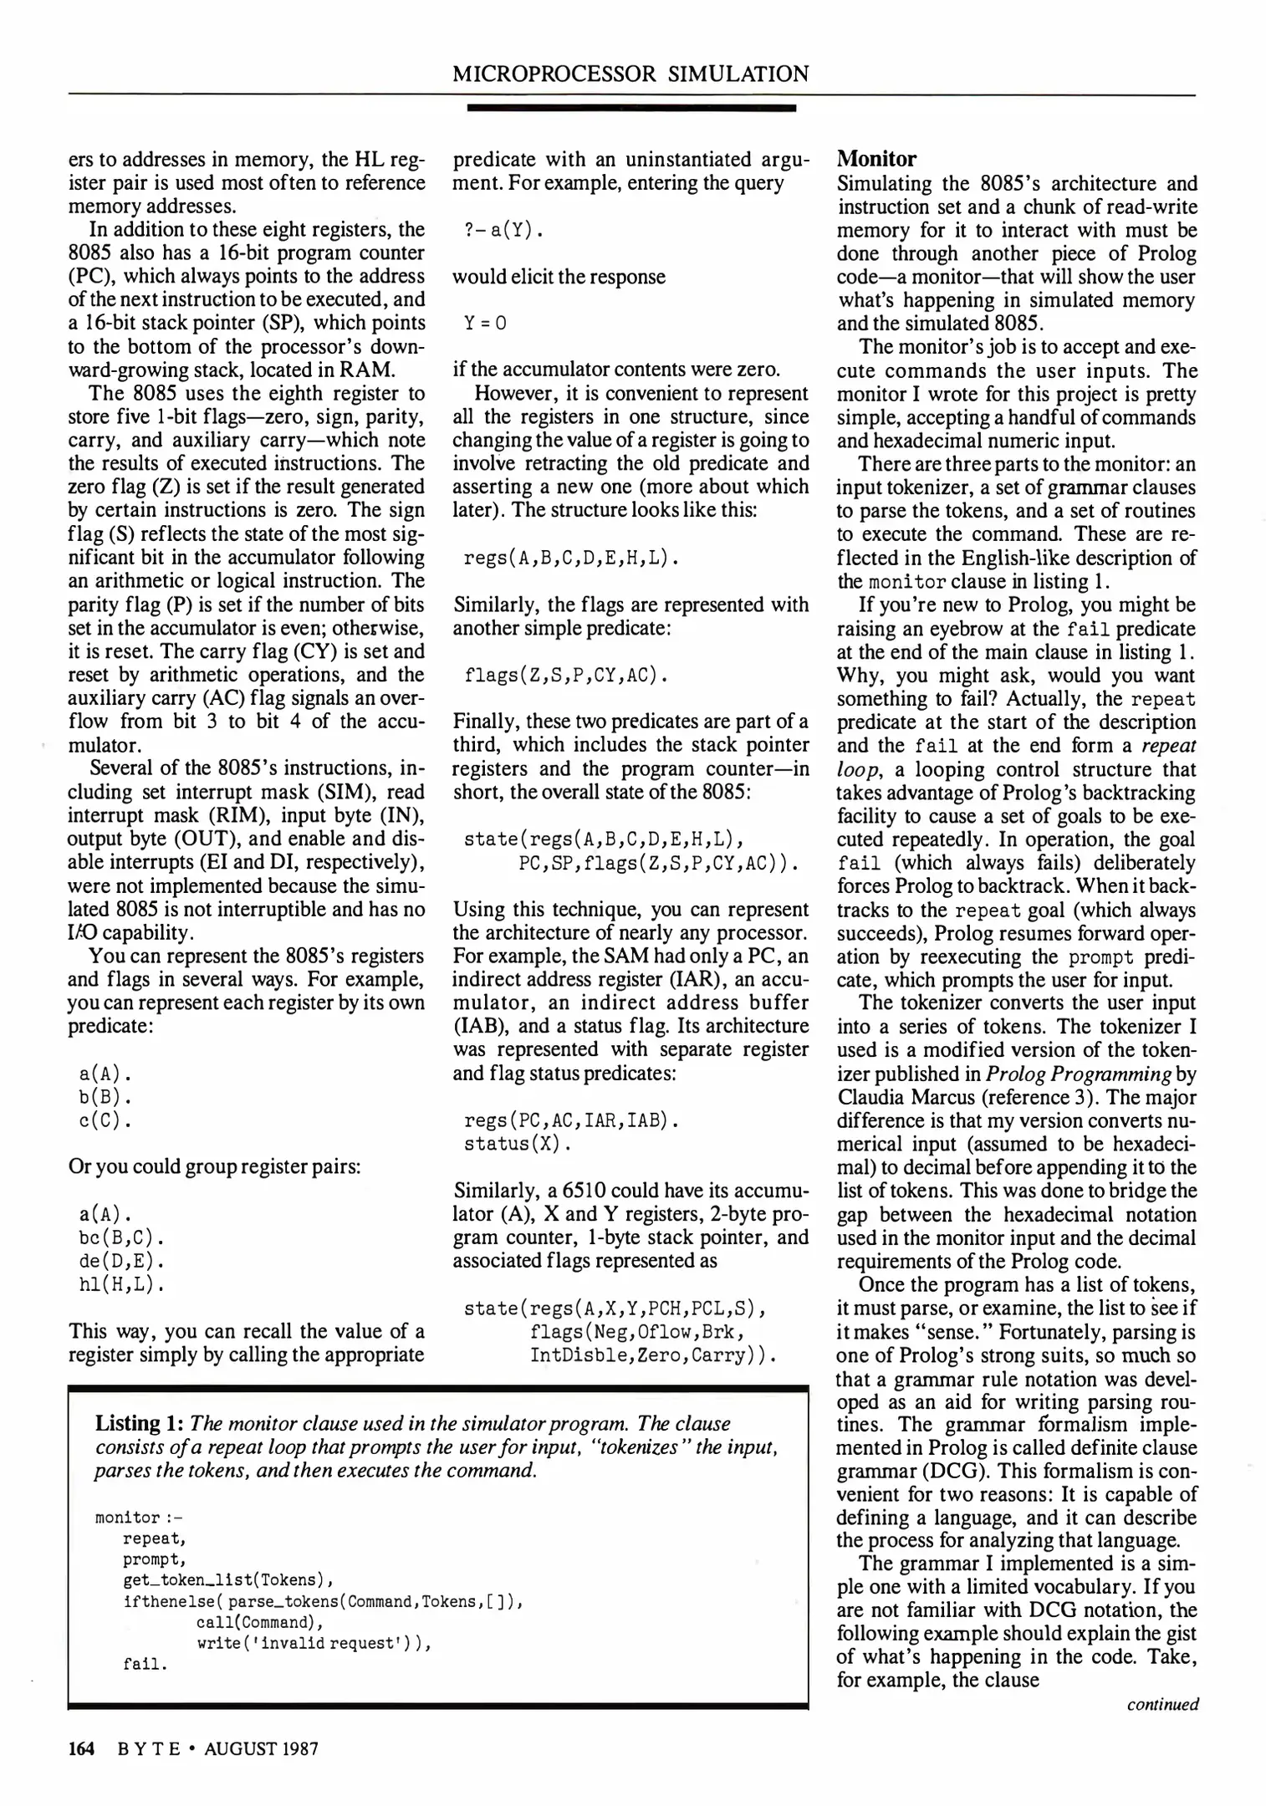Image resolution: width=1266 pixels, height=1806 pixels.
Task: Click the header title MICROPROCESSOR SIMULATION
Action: tap(630, 74)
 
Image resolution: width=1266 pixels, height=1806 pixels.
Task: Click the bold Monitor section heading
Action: tap(876, 159)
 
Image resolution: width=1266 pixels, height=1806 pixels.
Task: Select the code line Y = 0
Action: tap(485, 323)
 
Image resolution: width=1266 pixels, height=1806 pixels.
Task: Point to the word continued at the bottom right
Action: tap(1162, 1704)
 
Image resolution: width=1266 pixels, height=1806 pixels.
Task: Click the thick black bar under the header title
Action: tap(630, 107)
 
